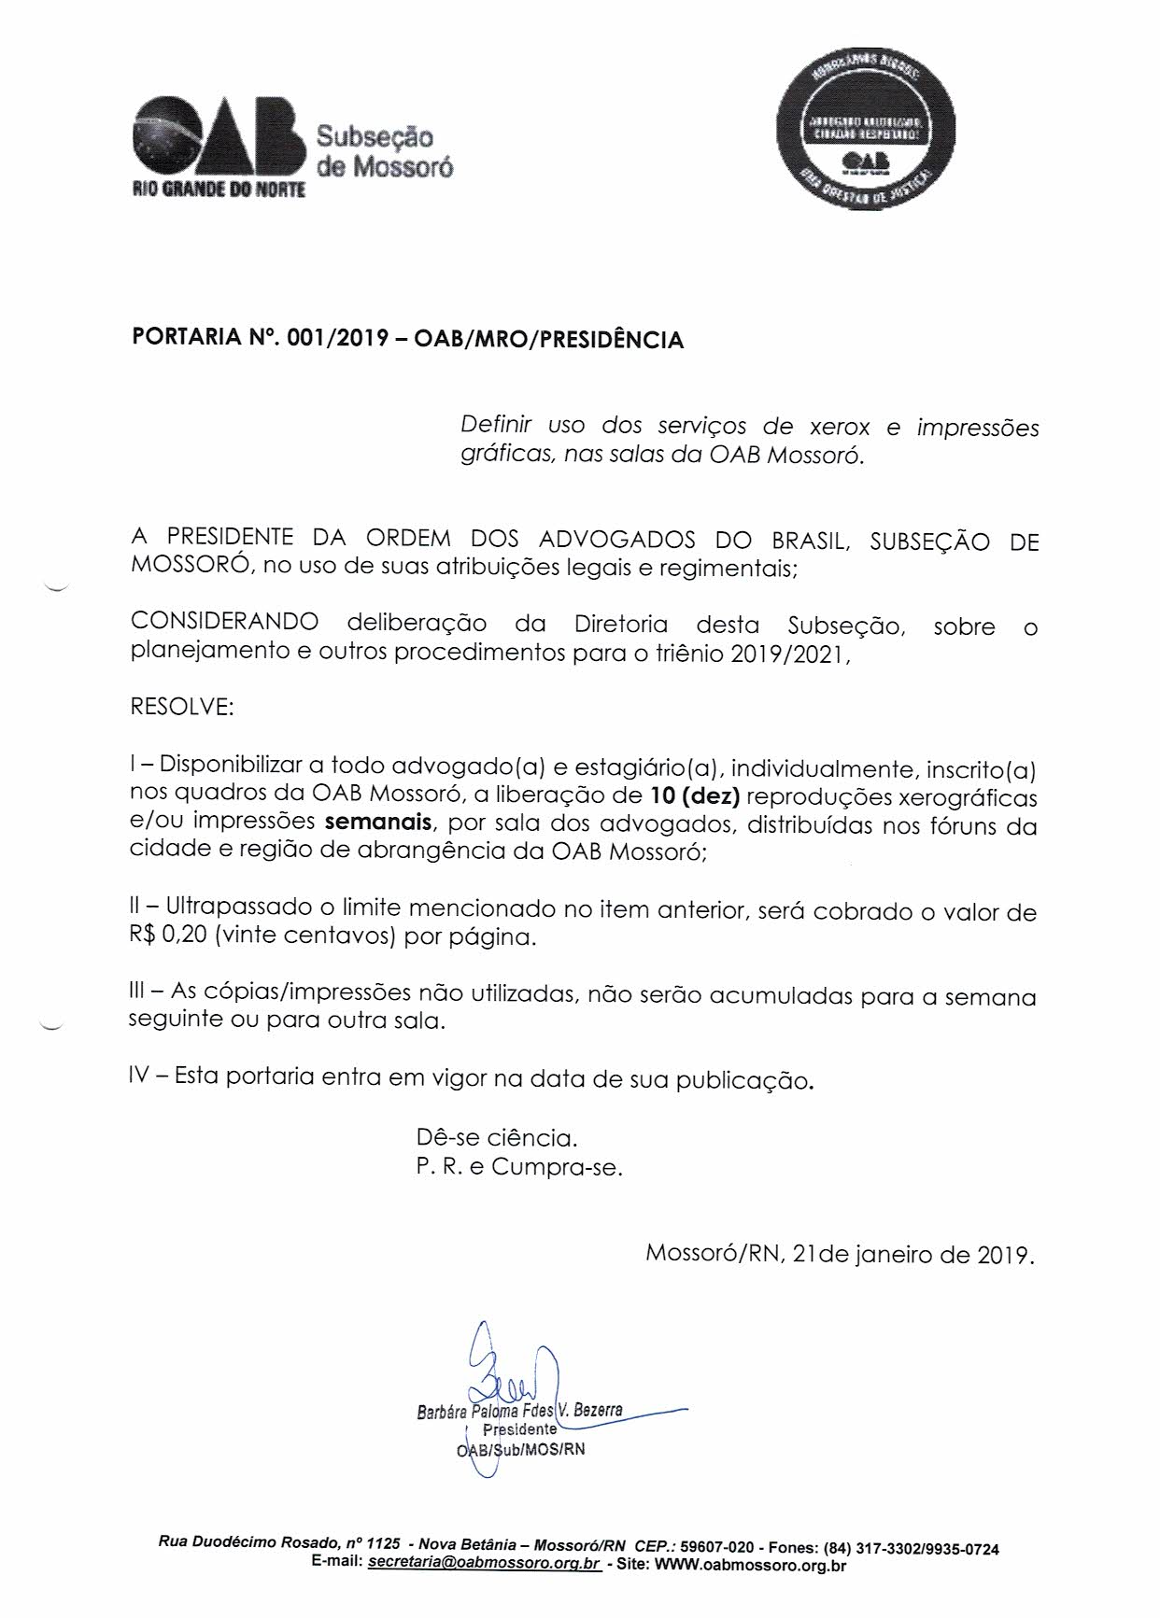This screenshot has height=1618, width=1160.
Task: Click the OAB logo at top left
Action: (219, 144)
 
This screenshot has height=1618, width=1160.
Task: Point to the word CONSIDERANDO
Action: (224, 622)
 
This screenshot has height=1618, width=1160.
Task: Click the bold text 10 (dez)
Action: (692, 796)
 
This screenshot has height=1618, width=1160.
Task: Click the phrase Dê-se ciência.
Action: (497, 1138)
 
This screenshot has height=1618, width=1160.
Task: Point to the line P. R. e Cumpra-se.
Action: (519, 1167)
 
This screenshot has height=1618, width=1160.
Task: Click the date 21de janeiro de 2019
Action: (912, 1254)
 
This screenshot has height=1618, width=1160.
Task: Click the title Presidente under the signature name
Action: (519, 1428)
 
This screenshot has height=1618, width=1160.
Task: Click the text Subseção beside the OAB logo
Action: (375, 137)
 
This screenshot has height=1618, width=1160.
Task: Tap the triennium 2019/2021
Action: (787, 652)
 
